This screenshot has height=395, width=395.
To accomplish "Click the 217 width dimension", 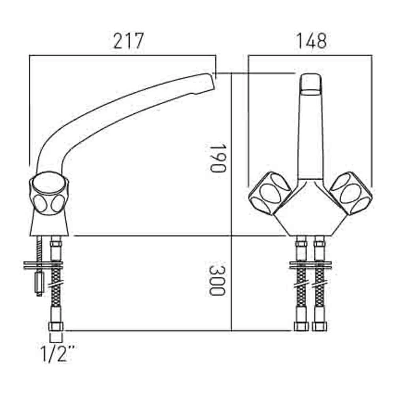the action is click(x=128, y=41).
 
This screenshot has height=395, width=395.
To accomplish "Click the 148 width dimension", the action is click(x=312, y=41).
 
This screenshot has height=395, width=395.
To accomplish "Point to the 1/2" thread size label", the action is click(x=58, y=354).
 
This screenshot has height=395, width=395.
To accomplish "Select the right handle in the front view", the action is click(x=351, y=193).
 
